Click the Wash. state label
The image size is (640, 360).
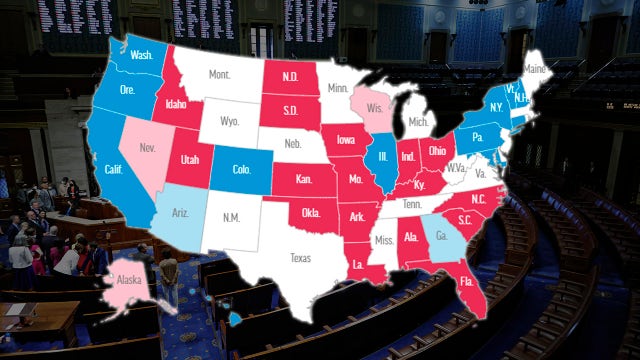pos(142,55)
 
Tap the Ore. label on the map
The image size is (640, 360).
pos(128,89)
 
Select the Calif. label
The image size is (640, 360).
pos(113,169)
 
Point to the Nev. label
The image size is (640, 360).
pos(148,148)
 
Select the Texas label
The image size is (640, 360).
pos(301,257)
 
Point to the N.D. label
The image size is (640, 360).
pos(292,77)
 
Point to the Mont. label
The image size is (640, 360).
pos(220,75)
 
